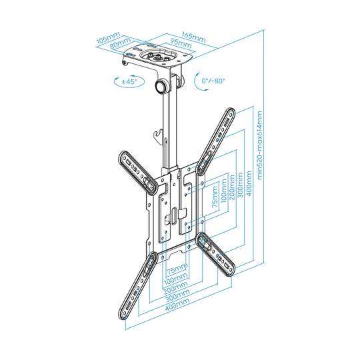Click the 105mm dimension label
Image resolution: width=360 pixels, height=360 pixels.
(x=107, y=40)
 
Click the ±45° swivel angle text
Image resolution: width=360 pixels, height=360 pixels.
(x=130, y=81)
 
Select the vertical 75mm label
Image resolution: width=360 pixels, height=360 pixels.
(x=213, y=198)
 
